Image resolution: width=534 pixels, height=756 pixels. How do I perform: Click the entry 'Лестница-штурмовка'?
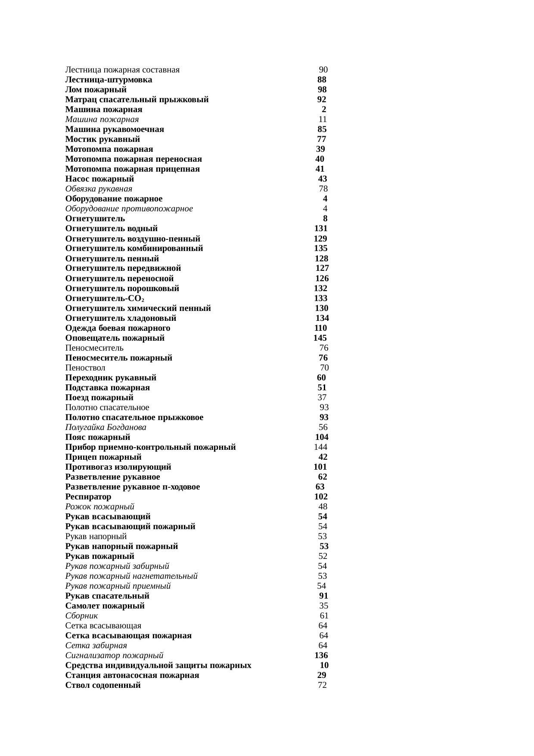click(x=109, y=80)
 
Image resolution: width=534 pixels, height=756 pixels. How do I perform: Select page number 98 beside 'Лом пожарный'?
click(x=322, y=90)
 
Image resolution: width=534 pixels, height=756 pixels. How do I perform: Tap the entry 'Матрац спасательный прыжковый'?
click(x=137, y=100)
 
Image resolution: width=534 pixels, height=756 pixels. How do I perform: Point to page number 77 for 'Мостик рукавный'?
click(x=321, y=139)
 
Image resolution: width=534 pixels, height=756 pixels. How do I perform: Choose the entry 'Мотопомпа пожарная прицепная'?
click(x=133, y=169)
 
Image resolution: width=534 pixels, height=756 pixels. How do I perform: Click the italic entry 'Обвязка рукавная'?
click(x=99, y=189)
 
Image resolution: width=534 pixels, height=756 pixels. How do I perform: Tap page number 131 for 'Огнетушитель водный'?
click(x=321, y=229)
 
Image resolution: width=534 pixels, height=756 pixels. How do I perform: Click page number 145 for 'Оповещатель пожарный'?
click(x=320, y=338)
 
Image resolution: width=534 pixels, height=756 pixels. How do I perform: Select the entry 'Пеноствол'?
click(x=85, y=368)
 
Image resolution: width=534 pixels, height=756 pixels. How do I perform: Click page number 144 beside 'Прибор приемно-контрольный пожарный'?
click(x=320, y=447)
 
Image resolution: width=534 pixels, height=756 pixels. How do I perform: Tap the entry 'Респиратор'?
click(x=88, y=497)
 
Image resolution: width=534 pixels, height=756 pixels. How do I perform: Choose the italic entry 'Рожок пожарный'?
click(x=100, y=507)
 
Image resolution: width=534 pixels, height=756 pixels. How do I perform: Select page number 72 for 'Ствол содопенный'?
click(x=322, y=685)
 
